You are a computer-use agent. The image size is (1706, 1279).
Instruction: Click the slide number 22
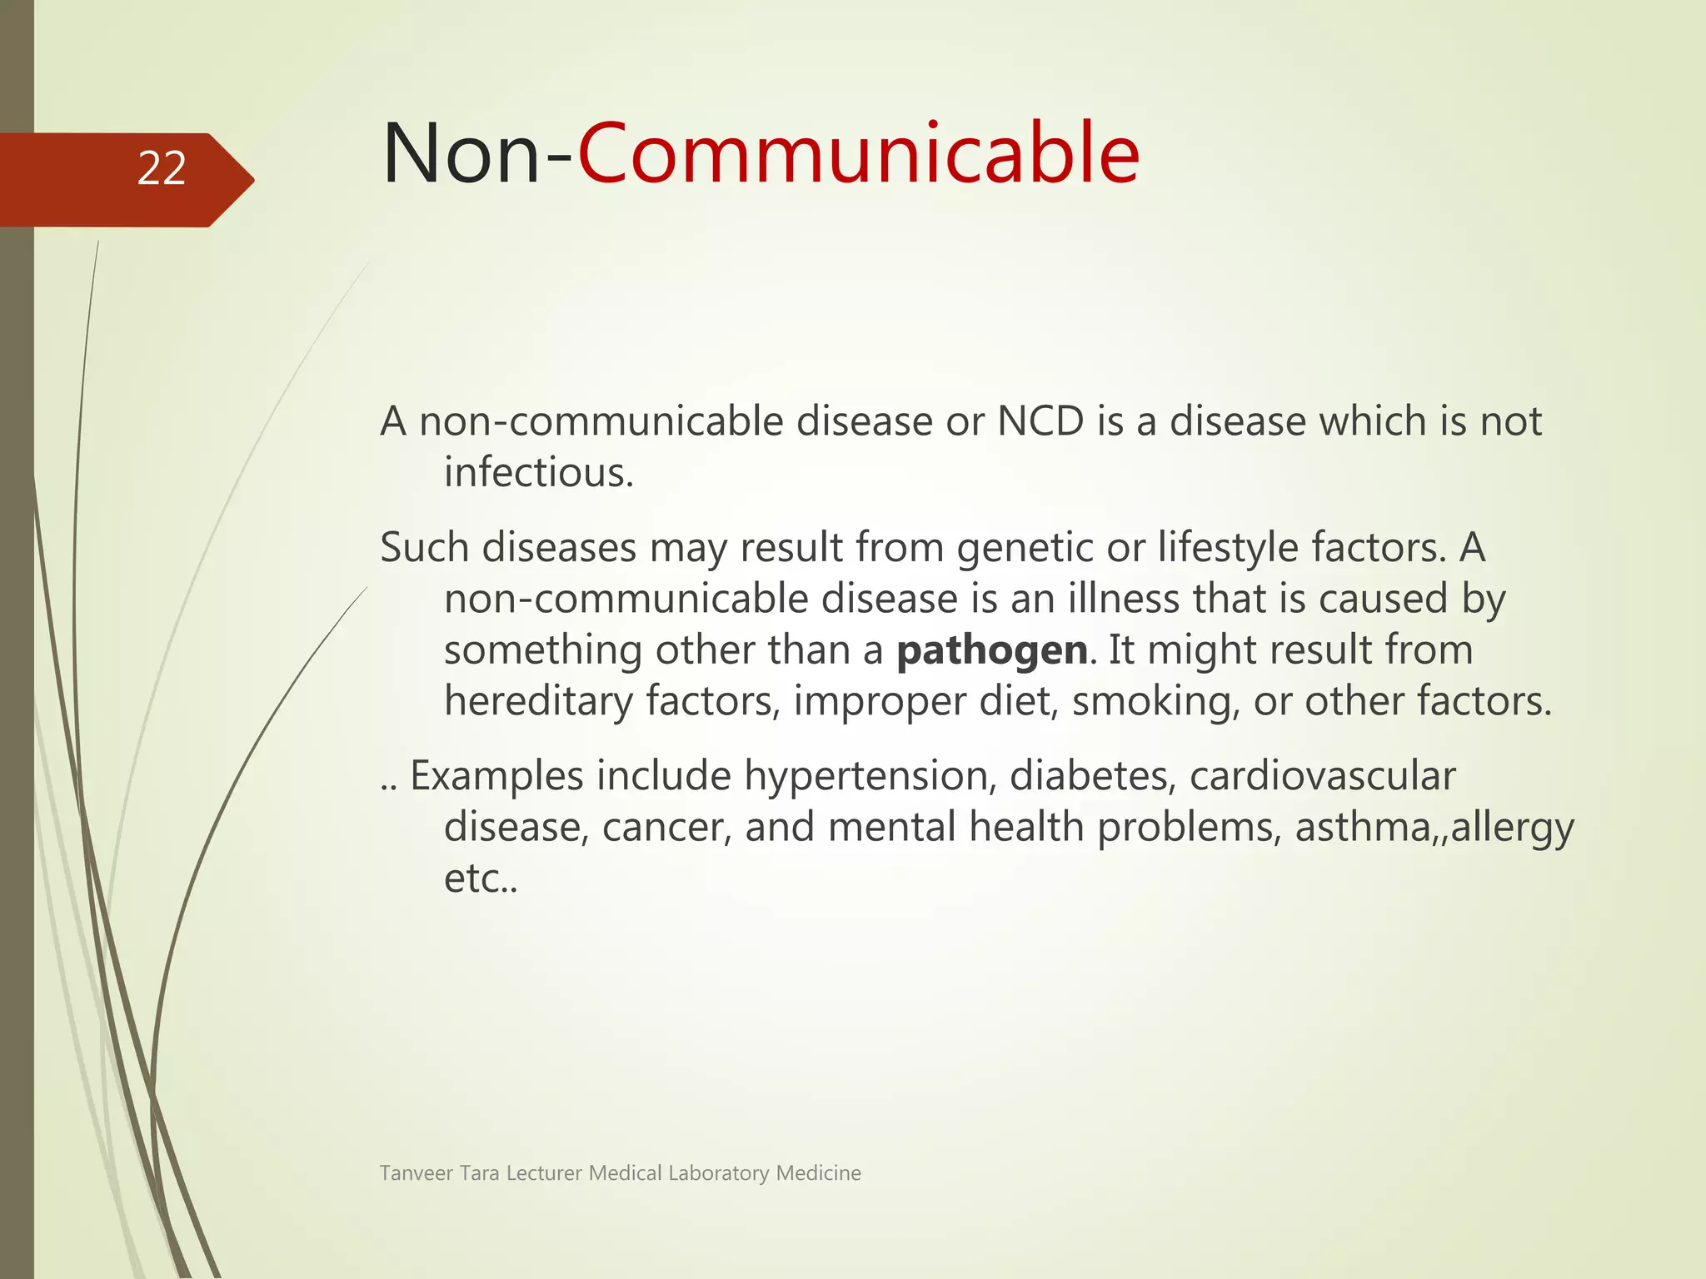162,168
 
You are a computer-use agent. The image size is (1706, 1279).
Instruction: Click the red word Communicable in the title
858,154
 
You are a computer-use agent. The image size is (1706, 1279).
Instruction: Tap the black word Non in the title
461,154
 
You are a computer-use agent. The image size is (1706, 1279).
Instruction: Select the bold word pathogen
991,650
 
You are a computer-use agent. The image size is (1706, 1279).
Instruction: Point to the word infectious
538,473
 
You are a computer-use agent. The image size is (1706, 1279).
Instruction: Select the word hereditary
538,701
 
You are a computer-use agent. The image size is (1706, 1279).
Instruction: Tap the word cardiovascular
1322,776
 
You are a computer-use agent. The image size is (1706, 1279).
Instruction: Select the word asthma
1367,828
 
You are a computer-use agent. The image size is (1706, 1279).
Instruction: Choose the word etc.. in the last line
480,879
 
